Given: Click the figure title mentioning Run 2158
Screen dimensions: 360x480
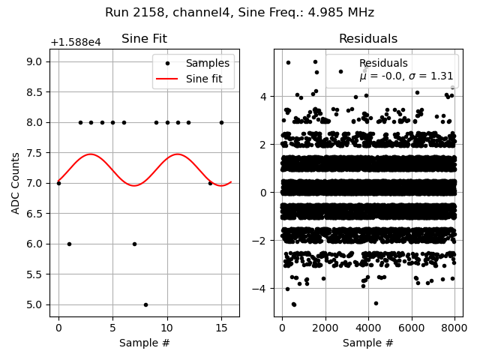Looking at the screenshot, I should click(239, 13).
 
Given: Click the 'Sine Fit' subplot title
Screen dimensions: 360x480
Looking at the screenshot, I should click(144, 39).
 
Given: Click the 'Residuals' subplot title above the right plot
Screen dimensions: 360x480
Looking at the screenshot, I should click(367, 39).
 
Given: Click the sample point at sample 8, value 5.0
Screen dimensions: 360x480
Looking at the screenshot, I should click(145, 304).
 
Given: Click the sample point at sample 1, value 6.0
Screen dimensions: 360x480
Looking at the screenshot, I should click(69, 244).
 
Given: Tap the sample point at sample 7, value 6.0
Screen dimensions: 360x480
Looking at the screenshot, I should click(134, 244).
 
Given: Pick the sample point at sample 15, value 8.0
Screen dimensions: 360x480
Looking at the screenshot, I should click(221, 122).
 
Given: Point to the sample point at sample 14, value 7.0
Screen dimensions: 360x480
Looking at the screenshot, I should click(210, 183).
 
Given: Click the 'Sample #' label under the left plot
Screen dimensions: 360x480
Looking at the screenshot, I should click(144, 343).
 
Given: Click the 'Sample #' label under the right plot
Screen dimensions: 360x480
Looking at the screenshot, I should click(367, 343).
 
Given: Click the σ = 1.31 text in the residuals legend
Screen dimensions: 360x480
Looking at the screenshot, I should click(427, 76).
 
